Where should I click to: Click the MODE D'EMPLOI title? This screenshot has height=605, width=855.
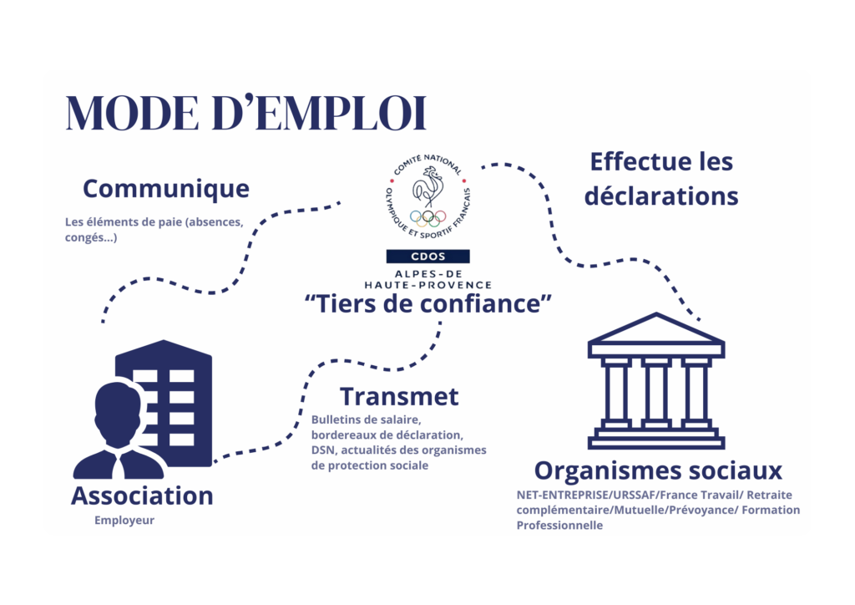pyautogui.click(x=246, y=113)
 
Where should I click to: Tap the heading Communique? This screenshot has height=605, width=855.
pyautogui.click(x=166, y=190)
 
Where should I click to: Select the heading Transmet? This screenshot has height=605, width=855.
pyautogui.click(x=399, y=397)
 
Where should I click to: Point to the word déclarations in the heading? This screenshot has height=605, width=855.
pyautogui.click(x=661, y=196)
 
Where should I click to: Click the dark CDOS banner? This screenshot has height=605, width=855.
pyautogui.click(x=428, y=257)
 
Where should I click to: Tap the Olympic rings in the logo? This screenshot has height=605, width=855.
pyautogui.click(x=428, y=217)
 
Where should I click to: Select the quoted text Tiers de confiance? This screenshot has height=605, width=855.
pyautogui.click(x=428, y=304)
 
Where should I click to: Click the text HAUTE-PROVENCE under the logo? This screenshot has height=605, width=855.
pyautogui.click(x=428, y=285)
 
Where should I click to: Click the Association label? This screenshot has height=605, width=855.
pyautogui.click(x=142, y=496)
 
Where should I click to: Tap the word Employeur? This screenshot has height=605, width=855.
pyautogui.click(x=124, y=521)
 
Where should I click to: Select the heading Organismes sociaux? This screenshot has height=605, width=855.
pyautogui.click(x=658, y=470)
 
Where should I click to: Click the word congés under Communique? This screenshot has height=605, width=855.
pyautogui.click(x=84, y=238)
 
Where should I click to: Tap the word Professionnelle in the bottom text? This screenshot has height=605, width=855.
pyautogui.click(x=559, y=526)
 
